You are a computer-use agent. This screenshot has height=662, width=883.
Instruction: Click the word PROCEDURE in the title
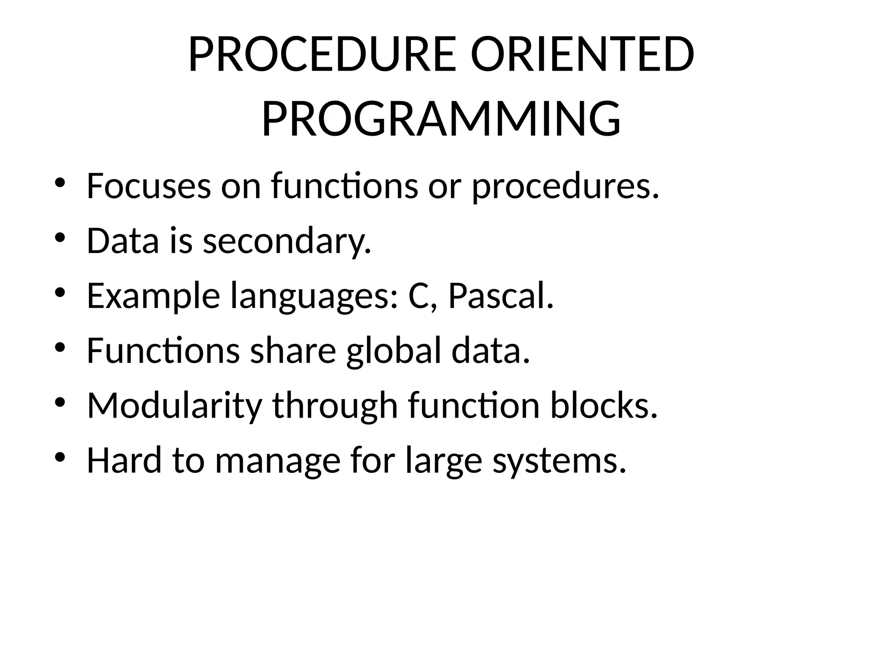[x=322, y=55]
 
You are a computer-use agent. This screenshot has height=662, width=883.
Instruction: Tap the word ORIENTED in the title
[x=582, y=55]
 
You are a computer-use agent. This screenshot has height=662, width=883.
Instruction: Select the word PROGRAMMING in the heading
[x=441, y=119]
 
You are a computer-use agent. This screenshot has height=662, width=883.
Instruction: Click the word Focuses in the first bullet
[x=149, y=186]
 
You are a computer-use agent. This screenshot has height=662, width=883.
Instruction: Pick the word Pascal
[x=501, y=296]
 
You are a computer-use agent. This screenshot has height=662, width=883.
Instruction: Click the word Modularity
[x=175, y=406]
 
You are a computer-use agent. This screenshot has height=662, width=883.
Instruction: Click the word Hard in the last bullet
[x=124, y=460]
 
